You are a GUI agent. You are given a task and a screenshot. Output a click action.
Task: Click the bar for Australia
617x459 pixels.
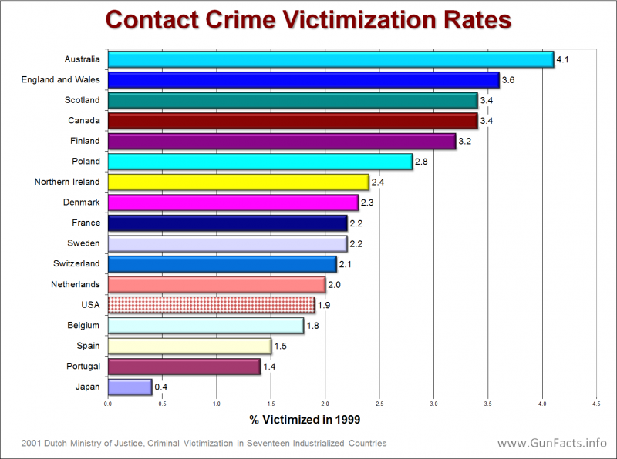[330, 59]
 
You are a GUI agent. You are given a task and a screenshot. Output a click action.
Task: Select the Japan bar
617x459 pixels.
[130, 387]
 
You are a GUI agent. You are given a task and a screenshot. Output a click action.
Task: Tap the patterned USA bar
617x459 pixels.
[211, 305]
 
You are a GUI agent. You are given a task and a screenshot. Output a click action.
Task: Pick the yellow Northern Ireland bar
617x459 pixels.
[238, 182]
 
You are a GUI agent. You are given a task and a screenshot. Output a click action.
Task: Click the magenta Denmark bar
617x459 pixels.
[233, 203]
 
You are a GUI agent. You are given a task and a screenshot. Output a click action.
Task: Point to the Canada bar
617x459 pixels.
[292, 121]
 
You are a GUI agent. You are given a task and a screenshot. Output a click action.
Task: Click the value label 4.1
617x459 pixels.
[562, 59]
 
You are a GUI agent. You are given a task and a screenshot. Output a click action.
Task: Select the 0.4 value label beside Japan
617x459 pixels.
[161, 387]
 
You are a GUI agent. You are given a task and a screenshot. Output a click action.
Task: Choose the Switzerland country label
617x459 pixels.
[76, 264]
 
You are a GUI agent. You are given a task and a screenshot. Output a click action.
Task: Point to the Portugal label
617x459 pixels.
[83, 367]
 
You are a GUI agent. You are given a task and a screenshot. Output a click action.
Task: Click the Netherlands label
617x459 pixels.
[76, 284]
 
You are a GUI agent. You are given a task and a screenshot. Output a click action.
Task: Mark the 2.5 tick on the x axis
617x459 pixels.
[379, 403]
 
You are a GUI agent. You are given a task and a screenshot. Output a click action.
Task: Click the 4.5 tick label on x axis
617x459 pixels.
[596, 403]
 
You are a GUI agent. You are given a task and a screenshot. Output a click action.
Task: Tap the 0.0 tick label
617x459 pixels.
[108, 403]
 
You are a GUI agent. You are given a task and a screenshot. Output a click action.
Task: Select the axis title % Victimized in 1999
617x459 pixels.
[305, 420]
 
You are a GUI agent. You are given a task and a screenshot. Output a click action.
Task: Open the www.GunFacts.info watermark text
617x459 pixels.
[551, 444]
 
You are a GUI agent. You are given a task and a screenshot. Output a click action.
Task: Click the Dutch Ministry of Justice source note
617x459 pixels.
[204, 444]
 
